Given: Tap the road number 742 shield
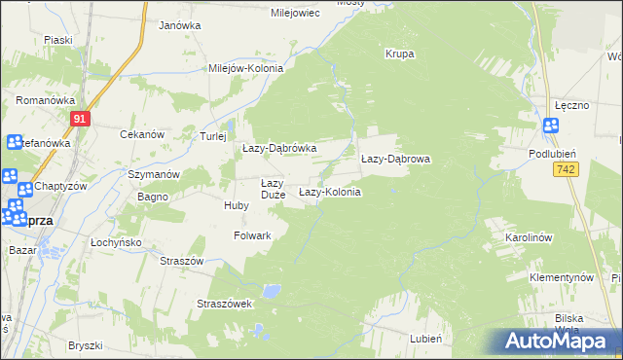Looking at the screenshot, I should click(564, 170).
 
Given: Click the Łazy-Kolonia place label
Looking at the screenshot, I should click(330, 193).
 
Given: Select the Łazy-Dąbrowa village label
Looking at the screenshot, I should click(395, 158).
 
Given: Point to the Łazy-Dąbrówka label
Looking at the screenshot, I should click(279, 148).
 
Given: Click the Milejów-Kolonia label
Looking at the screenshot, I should click(245, 69).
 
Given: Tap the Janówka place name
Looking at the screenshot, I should click(179, 25).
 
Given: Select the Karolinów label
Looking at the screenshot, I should click(530, 237).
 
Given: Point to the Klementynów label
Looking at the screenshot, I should click(562, 277).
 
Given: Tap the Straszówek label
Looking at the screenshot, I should click(225, 304).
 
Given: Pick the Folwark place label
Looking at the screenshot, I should click(252, 235).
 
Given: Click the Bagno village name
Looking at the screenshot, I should click(154, 197).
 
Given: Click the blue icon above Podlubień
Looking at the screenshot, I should click(551, 125).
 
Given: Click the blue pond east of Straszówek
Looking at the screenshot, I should click(275, 291).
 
